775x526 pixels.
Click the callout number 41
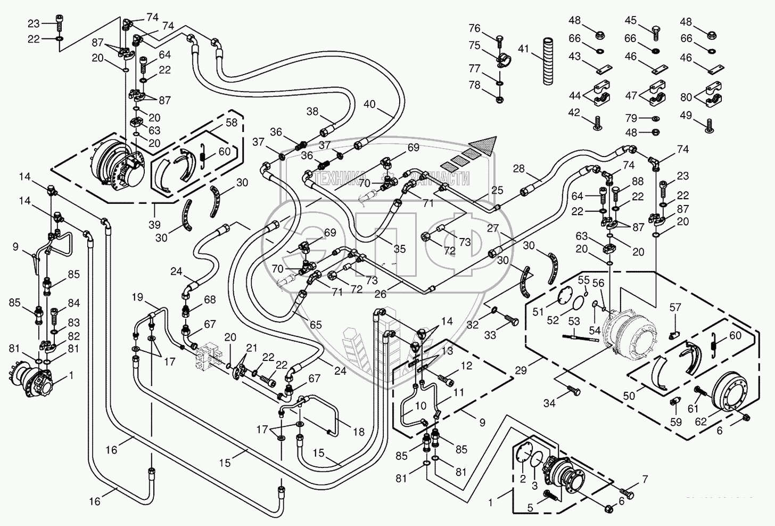tap(523, 49)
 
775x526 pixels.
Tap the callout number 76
tap(474, 28)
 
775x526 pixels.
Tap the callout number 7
tap(645, 480)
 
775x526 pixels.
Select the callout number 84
tap(73, 303)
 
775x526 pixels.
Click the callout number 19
tap(138, 297)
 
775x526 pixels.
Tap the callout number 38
tap(312, 111)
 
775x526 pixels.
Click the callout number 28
tap(519, 169)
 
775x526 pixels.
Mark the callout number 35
tap(399, 249)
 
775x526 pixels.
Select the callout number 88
tap(638, 181)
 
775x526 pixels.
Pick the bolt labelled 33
tap(512, 320)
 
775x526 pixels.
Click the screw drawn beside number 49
tap(710, 126)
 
